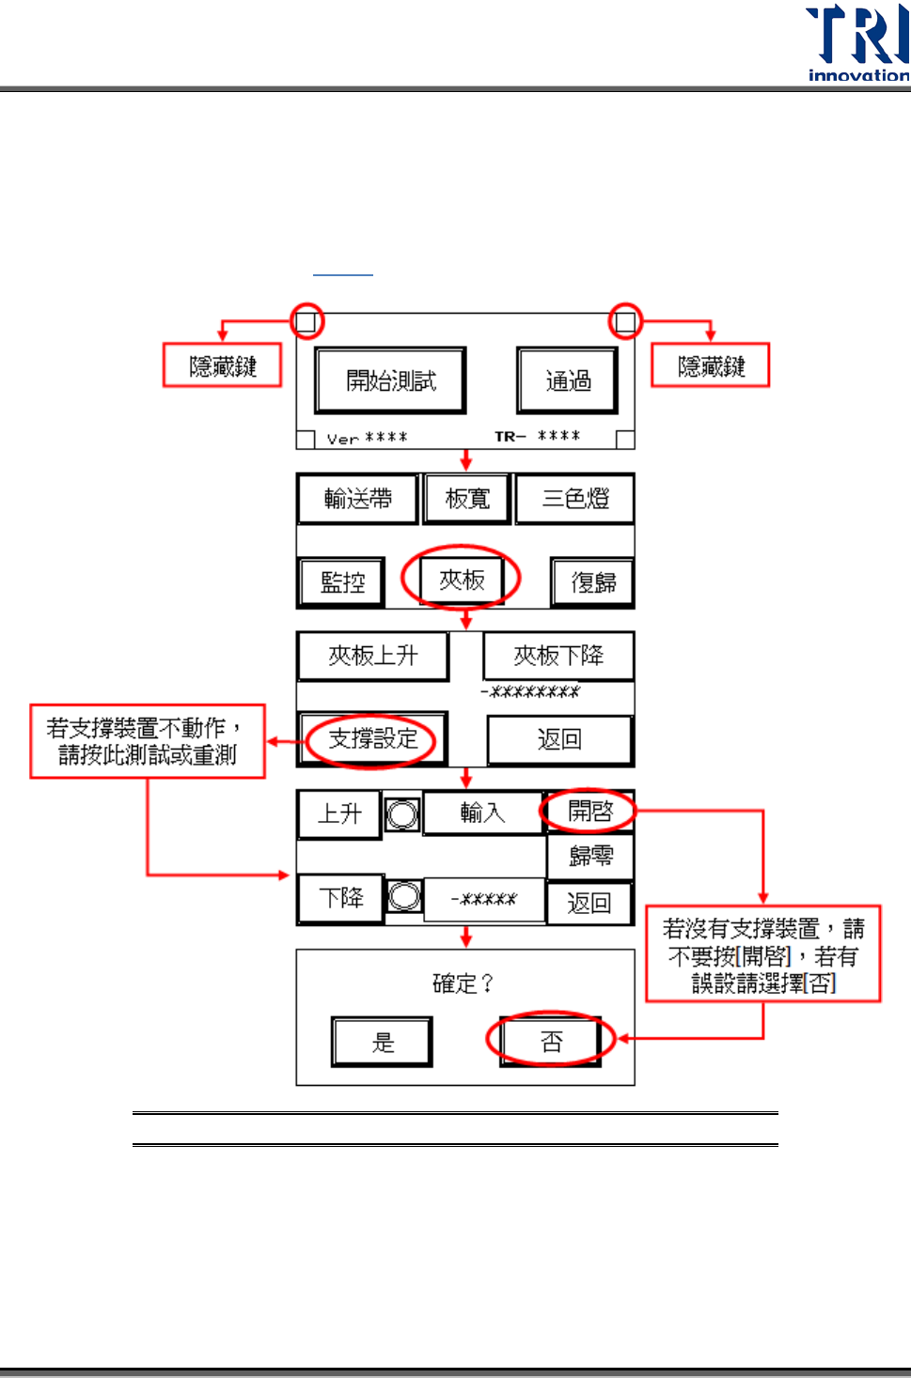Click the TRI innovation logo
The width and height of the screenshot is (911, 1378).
[x=856, y=43]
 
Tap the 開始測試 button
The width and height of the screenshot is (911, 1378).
[x=390, y=380]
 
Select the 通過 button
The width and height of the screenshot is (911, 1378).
[x=567, y=380]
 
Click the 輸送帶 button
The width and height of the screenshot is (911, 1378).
[x=357, y=499]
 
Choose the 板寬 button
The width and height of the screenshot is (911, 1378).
[x=466, y=499]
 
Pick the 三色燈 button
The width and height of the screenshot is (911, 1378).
[x=574, y=499]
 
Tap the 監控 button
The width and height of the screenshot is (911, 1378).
[x=342, y=582]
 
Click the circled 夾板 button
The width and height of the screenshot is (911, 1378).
[x=462, y=581]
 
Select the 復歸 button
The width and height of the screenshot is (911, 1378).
[x=592, y=583]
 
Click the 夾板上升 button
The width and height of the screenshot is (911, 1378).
[x=372, y=656]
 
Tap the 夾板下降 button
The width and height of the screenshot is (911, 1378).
[x=558, y=656]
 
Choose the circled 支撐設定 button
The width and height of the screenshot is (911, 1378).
[x=372, y=739]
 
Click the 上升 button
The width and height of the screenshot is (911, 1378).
[x=338, y=813]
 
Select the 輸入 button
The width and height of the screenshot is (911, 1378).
[x=482, y=813]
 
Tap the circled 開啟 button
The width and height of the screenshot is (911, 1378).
[x=589, y=811]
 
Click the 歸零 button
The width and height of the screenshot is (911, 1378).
[x=590, y=857]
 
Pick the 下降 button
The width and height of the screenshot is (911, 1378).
[x=340, y=899]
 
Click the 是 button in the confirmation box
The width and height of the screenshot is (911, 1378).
[x=382, y=1042]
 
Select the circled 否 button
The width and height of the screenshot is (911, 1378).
[x=551, y=1041]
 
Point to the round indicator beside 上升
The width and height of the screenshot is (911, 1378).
[x=402, y=813]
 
